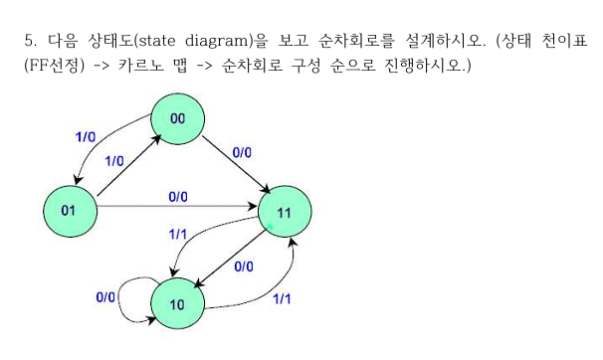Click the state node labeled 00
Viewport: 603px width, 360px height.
point(178,119)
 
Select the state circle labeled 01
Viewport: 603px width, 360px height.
point(69,210)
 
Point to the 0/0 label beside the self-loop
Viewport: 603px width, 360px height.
point(105,296)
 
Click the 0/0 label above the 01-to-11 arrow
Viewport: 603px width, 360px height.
point(178,197)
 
